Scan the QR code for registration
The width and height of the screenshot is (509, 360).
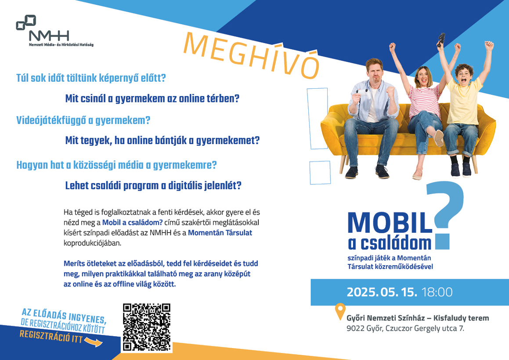[x=147, y=327]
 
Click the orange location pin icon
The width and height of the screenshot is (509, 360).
[x=340, y=310]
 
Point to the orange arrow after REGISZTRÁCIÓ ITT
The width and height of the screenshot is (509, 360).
[x=94, y=342]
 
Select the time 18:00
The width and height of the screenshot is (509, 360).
[x=437, y=292]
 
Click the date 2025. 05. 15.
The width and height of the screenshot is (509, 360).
[x=382, y=292]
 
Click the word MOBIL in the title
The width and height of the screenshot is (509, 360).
[x=390, y=223]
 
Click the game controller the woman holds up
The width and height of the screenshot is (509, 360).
[x=440, y=40]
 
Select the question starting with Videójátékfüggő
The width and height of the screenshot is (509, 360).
[x=83, y=120]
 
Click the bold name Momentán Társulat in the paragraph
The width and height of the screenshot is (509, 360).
[x=220, y=233]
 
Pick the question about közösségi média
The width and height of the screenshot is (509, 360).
[x=116, y=165]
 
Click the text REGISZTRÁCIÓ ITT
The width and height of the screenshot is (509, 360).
[x=51, y=336]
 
